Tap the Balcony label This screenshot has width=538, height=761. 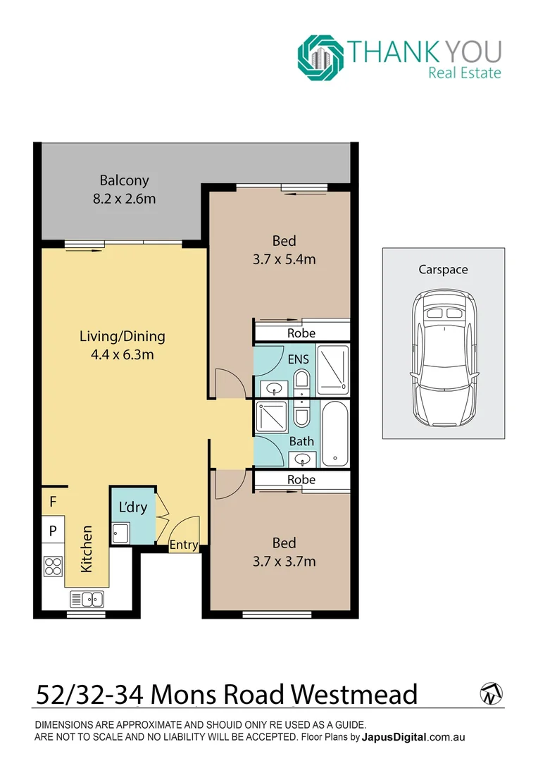click(124, 180)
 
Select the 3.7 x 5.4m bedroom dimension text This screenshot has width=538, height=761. click(284, 259)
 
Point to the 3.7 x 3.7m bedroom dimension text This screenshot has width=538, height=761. click(284, 562)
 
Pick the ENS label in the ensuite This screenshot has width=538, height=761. click(298, 359)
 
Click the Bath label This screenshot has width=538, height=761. click(301, 442)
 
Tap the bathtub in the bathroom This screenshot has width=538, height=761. click(336, 433)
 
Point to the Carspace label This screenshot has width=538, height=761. click(443, 269)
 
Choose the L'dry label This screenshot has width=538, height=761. click(132, 507)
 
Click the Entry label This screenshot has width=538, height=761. click(184, 545)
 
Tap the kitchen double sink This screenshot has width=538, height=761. click(87, 600)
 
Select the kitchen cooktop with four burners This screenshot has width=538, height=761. click(53, 566)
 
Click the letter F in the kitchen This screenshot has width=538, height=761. click(53, 502)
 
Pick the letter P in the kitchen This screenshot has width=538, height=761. click(53, 531)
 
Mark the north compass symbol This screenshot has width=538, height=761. click(490, 694)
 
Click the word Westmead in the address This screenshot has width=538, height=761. click(354, 695)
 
